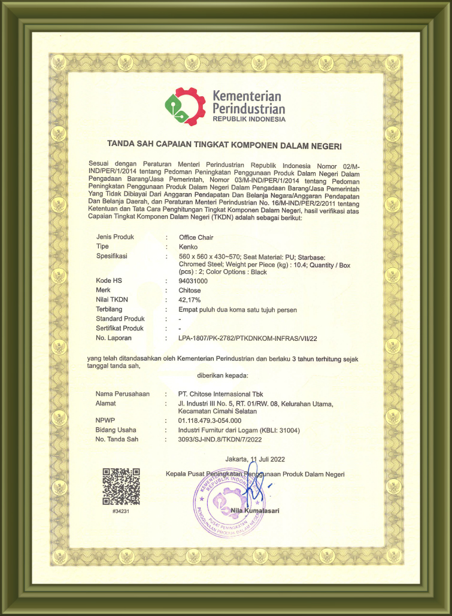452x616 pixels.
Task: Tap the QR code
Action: (121, 486)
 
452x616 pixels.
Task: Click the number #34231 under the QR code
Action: (121, 511)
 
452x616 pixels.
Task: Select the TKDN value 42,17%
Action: (190, 299)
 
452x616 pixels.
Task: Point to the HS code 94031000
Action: (193, 280)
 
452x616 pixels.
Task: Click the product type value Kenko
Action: (188, 246)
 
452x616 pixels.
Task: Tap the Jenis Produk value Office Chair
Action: (196, 237)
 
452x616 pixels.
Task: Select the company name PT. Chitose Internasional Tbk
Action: (221, 394)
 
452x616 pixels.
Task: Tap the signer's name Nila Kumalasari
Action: (254, 510)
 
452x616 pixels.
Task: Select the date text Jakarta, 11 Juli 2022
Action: (255, 459)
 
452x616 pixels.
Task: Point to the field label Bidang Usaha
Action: (116, 430)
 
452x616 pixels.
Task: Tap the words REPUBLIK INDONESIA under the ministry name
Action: (249, 119)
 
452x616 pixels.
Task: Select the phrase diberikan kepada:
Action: (222, 376)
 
